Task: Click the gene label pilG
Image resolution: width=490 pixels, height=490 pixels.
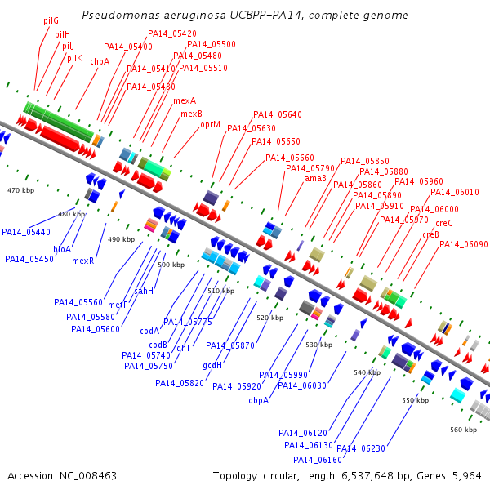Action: pos(51,21)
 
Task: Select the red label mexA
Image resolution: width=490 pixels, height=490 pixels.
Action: pos(185,100)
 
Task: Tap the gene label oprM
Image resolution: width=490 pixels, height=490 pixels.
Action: pos(211,125)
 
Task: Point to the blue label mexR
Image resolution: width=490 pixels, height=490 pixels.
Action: pos(83,261)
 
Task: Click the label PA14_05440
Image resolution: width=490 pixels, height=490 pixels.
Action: pos(26,232)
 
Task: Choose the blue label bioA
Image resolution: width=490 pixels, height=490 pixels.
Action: pos(62,249)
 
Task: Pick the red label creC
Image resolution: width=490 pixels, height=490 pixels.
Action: pos(444,223)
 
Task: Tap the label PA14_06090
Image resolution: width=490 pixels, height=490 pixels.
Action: pos(464,244)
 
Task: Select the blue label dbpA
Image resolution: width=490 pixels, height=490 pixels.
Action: pos(259,400)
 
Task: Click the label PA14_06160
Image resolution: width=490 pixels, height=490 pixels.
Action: pos(318,460)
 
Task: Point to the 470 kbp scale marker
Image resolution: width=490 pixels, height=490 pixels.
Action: pos(21,190)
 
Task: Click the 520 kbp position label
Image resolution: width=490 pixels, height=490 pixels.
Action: pos(270,318)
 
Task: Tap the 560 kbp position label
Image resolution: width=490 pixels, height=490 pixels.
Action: pos(463,430)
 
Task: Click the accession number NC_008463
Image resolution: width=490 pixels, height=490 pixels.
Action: pos(88,476)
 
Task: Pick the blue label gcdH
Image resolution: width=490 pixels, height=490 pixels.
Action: pos(212,365)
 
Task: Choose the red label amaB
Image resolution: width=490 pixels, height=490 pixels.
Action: pos(315,178)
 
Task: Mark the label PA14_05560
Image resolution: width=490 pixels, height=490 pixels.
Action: pos(78,302)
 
